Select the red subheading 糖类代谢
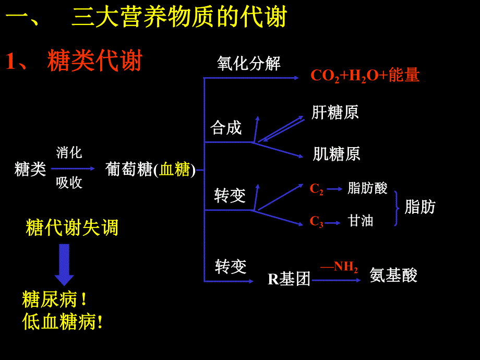[x=94, y=61]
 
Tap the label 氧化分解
[x=249, y=64]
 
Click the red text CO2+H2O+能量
[x=365, y=76]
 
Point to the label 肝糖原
[x=335, y=112]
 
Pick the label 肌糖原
[x=337, y=154]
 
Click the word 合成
[x=226, y=127]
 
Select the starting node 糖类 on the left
[x=30, y=169]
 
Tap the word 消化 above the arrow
[x=69, y=153]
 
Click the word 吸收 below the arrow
[x=69, y=183]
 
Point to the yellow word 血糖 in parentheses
[x=175, y=170]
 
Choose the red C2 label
[x=316, y=189]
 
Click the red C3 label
[x=316, y=222]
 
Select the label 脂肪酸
[x=367, y=188]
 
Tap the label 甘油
[x=361, y=221]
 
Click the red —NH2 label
[x=339, y=267]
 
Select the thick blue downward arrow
[x=64, y=264]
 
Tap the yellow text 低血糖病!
[x=63, y=322]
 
